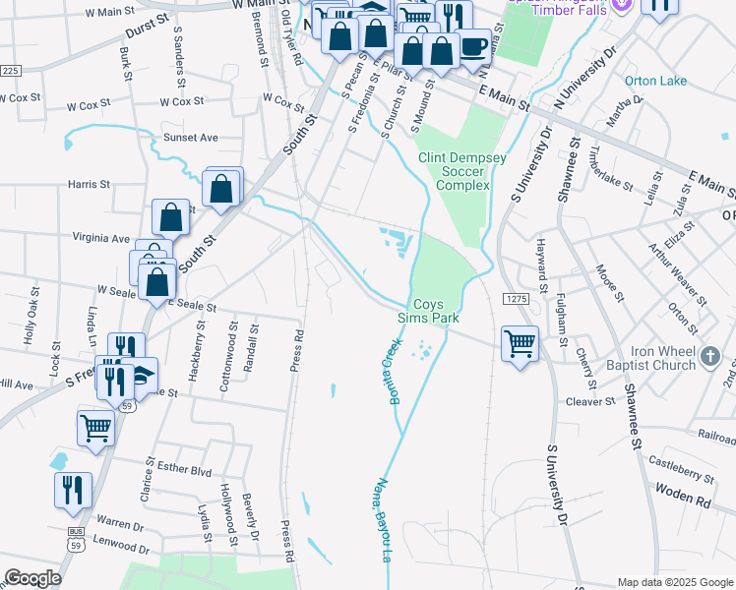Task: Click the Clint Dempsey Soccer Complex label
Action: tap(455, 171)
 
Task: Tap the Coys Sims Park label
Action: tap(436, 311)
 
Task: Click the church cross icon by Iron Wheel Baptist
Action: tap(712, 352)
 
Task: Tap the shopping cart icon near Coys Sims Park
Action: tap(520, 344)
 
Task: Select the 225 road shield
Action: tap(10, 71)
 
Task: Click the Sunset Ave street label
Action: tap(190, 138)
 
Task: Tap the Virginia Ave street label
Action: tap(101, 238)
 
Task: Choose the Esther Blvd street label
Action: tap(185, 471)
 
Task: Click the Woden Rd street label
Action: tap(689, 500)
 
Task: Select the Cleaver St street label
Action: tap(590, 401)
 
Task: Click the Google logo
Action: tap(32, 578)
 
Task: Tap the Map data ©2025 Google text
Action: tap(673, 582)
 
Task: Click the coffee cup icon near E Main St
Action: tap(474, 47)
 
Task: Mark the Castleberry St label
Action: tap(681, 475)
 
